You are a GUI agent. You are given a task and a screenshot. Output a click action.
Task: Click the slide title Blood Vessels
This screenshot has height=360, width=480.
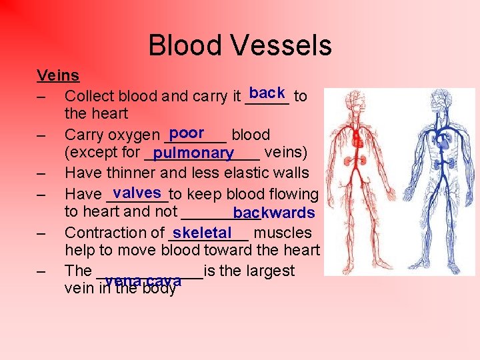(x=239, y=45)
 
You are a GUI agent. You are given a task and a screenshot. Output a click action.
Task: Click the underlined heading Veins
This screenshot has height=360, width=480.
(x=58, y=75)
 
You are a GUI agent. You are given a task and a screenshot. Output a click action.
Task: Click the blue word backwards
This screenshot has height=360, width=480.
(x=274, y=213)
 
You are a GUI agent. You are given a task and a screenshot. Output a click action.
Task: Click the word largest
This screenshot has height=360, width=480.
(x=269, y=271)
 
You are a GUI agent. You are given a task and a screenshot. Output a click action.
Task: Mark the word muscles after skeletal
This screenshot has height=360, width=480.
(x=283, y=233)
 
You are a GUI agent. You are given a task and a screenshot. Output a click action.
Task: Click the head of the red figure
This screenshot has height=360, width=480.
(x=358, y=99)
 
